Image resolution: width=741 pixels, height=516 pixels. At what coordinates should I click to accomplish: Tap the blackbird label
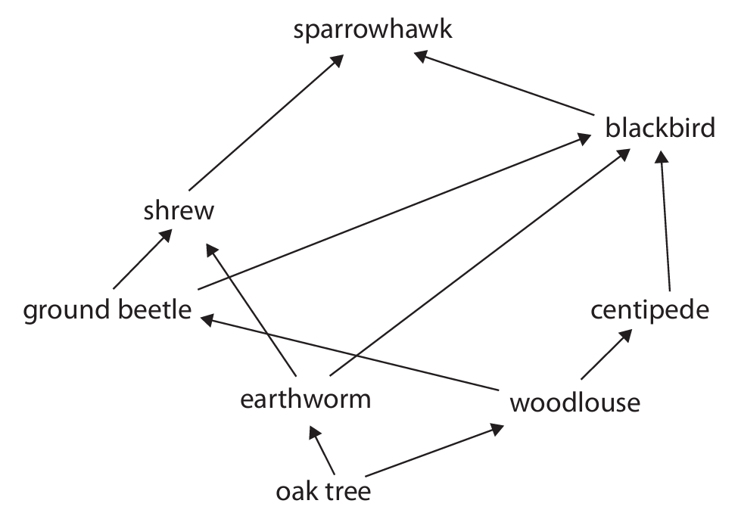click(659, 129)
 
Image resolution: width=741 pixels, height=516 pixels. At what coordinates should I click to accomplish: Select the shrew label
click(179, 210)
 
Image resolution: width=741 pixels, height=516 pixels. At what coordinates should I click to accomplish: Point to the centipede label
click(650, 309)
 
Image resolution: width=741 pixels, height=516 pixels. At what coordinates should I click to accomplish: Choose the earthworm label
click(305, 398)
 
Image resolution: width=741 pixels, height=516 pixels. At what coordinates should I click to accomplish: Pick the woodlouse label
click(574, 403)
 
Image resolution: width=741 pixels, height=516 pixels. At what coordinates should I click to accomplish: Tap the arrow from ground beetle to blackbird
click(394, 213)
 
